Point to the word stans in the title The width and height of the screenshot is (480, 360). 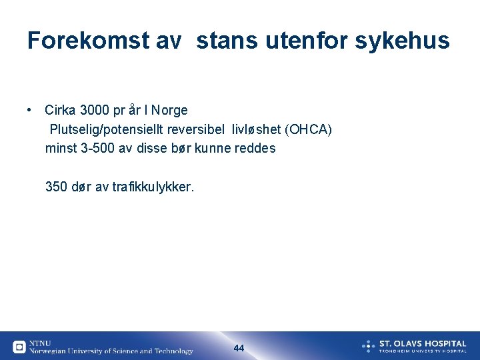click(x=227, y=41)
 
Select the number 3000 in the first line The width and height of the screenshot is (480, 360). click(x=94, y=110)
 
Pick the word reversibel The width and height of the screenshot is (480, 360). click(x=198, y=129)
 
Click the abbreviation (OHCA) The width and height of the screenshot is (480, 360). click(x=307, y=129)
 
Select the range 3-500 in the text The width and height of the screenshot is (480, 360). click(x=97, y=149)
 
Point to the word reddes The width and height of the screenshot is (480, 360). click(x=255, y=149)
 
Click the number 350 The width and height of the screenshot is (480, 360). click(x=56, y=187)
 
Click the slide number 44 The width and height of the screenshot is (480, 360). click(x=239, y=348)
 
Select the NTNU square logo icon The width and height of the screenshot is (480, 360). click(x=19, y=347)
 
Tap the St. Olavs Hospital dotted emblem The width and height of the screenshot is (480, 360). click(x=368, y=346)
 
